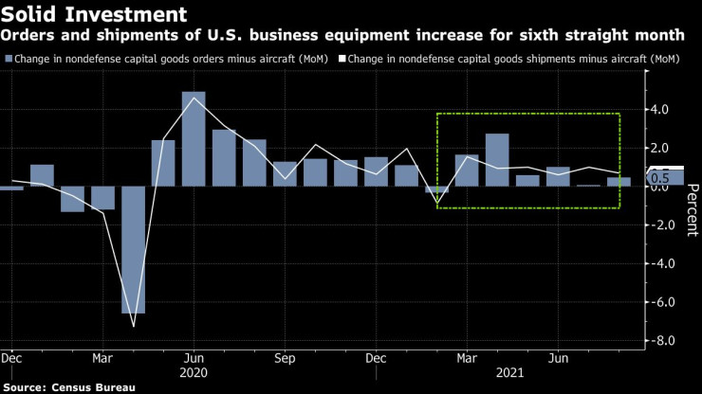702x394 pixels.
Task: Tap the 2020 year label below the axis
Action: coord(194,374)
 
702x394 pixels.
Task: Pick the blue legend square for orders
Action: coord(9,59)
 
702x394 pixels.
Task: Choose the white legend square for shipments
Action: coord(342,59)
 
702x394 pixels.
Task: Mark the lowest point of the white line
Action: coord(133,327)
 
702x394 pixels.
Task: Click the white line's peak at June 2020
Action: coord(194,98)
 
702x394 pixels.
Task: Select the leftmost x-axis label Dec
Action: coord(11,360)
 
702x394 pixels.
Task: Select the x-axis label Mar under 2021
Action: coord(467,360)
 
